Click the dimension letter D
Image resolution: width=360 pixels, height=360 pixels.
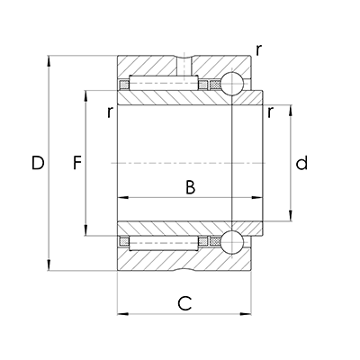[37, 164]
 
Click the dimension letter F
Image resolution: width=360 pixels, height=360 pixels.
[77, 164]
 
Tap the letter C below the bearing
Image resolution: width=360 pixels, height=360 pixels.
[184, 303]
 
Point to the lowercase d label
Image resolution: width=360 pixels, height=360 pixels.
[302, 164]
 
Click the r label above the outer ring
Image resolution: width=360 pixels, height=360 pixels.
[258, 50]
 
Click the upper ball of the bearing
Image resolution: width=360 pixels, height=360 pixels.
[232, 85]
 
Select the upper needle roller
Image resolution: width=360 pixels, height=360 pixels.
[162, 85]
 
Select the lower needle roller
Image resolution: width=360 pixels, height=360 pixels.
[162, 241]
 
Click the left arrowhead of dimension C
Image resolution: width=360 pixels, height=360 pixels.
[122, 314]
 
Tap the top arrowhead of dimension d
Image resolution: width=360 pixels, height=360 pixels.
[290, 110]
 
